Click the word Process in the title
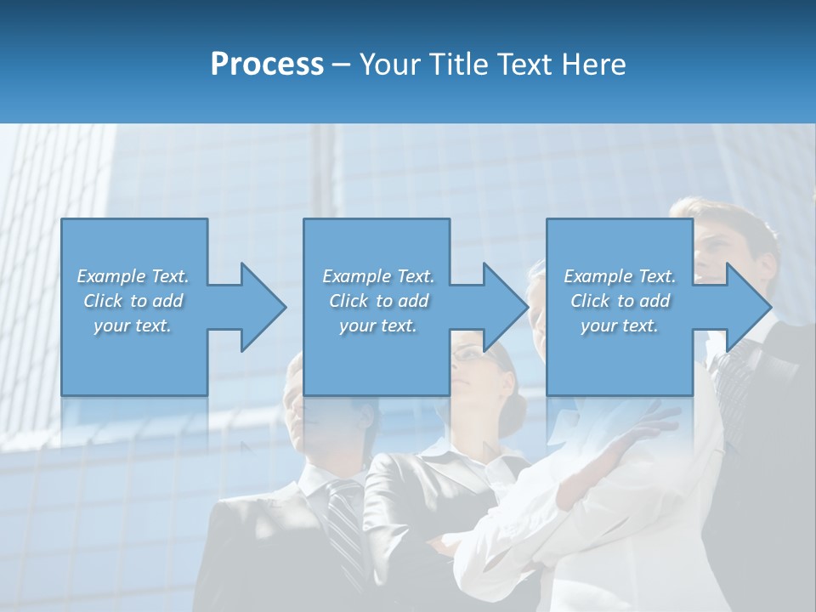(267, 65)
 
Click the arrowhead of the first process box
(263, 307)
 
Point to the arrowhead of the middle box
(505, 307)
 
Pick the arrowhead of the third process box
(748, 307)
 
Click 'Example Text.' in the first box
(133, 276)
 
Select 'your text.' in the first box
(133, 326)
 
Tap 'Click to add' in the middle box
(378, 301)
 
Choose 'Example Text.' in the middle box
(378, 276)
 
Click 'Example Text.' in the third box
(620, 276)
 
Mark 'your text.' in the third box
(620, 326)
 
